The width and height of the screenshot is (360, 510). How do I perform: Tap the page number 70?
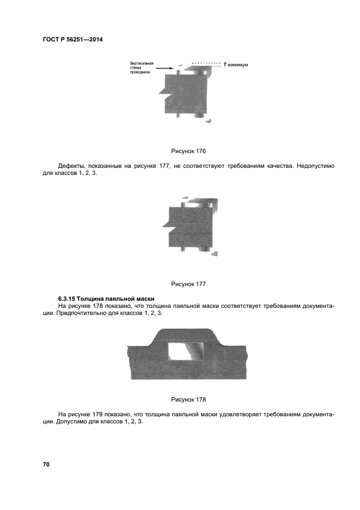coord(46,464)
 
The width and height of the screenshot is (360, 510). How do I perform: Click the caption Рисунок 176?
coord(188,151)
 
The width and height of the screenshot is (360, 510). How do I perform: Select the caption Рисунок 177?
coord(188,284)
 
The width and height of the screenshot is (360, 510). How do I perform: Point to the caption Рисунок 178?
coord(188,399)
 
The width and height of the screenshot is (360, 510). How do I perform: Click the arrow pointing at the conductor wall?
coord(165,69)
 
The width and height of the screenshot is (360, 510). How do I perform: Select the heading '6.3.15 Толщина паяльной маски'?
coord(106,299)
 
